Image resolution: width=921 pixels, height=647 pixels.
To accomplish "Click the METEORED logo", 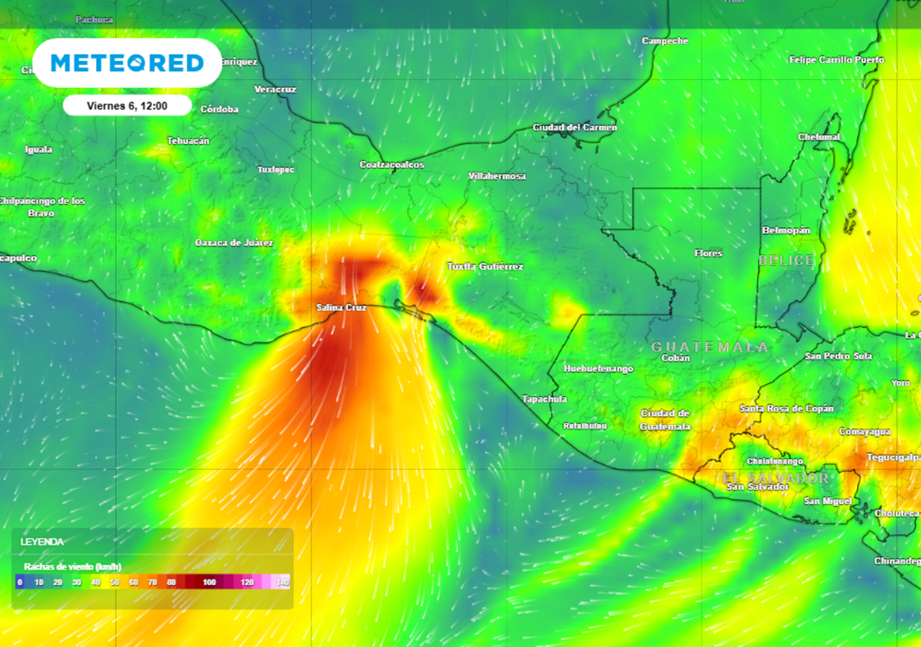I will [127, 63].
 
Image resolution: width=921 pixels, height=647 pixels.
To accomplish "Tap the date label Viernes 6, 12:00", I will [127, 105].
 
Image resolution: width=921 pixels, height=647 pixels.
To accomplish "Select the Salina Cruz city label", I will [341, 307].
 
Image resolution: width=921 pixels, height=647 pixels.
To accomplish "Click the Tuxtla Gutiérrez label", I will [485, 266].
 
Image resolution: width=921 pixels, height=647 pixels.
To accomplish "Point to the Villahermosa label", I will [496, 176].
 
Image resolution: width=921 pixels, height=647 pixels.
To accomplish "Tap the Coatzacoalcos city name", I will [391, 164].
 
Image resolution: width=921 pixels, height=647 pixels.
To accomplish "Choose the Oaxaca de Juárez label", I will [234, 243].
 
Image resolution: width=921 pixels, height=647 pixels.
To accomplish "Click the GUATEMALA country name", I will [710, 346].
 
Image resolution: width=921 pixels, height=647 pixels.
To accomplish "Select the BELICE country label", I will [786, 260].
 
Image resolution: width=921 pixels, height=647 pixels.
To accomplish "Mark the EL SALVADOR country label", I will [776, 477].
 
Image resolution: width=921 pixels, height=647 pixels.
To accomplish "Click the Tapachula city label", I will [544, 398].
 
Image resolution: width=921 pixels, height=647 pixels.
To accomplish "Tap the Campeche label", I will [665, 40].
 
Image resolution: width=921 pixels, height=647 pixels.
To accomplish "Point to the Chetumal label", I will [818, 137].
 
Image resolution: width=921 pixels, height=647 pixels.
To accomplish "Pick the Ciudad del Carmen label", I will [575, 127].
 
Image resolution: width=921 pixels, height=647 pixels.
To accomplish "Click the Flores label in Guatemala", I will [708, 253].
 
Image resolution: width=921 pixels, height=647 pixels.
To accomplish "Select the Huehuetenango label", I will [597, 368].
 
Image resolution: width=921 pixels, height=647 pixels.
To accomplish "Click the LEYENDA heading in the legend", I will [42, 542].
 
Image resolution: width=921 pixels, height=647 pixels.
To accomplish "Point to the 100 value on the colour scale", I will [209, 582].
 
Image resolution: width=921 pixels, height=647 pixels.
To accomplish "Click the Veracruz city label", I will [275, 89].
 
